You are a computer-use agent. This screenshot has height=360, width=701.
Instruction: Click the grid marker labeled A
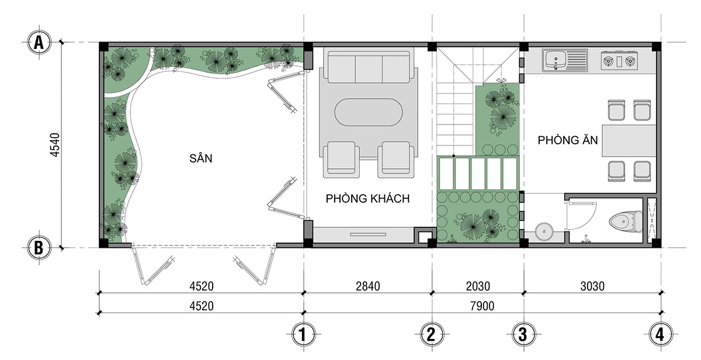39,42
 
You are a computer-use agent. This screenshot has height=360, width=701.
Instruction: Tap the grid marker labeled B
39,248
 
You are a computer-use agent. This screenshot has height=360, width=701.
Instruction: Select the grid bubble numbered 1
303,335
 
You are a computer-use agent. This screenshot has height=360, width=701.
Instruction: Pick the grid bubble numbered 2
432,335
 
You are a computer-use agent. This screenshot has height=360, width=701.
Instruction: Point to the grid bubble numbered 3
523,335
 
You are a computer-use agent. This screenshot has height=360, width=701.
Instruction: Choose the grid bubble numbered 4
661,335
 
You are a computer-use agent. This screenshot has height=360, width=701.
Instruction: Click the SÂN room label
201,158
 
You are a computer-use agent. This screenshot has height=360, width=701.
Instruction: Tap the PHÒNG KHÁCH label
367,199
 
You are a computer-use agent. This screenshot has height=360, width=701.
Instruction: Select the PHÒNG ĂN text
568,140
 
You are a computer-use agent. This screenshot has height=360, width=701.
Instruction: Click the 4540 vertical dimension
55,145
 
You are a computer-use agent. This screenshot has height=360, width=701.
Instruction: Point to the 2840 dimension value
367,286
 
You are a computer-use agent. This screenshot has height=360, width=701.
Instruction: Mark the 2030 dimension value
478,286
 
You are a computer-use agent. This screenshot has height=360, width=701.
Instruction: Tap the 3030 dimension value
592,286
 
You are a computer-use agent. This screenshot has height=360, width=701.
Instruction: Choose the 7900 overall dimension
483,306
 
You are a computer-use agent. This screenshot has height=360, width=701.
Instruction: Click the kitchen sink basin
556,60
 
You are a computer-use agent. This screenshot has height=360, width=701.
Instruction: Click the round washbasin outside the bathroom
544,231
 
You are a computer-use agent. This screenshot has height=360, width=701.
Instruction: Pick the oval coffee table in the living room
369,112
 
